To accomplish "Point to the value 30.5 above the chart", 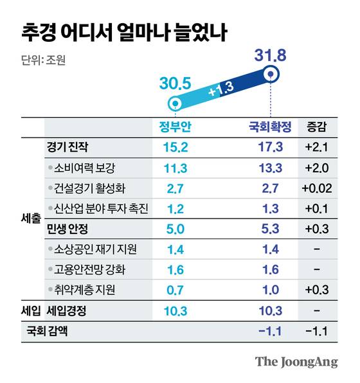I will click(x=174, y=84).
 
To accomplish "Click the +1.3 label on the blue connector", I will click(x=222, y=91).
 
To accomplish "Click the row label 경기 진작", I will click(x=69, y=147).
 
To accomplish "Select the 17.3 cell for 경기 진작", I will click(x=269, y=147).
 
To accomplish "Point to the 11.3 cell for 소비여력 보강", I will click(x=174, y=168).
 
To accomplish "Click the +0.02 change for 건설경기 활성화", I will click(x=317, y=188).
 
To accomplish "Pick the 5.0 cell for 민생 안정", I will click(x=174, y=229).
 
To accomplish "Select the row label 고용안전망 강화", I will click(x=88, y=270).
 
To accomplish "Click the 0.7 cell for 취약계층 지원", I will click(x=174, y=290).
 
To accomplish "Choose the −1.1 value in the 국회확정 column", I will click(x=269, y=332).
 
